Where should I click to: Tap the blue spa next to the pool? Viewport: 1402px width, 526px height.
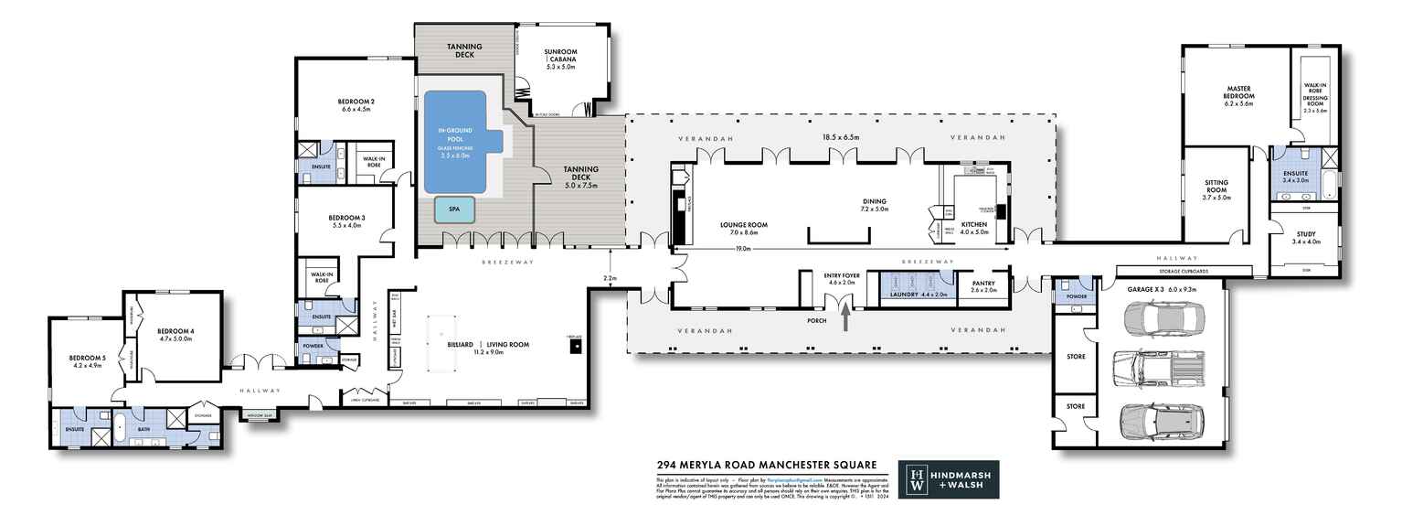454,209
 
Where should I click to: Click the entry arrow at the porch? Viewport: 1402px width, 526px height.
844,317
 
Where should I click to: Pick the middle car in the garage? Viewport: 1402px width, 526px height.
1156,370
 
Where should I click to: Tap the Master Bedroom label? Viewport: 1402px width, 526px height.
1238,95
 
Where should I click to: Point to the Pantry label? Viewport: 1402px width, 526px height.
983,284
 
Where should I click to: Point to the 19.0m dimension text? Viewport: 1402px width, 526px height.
741,248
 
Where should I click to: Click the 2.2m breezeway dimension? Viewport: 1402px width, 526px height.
611,277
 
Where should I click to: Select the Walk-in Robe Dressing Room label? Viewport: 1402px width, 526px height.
1314,96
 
